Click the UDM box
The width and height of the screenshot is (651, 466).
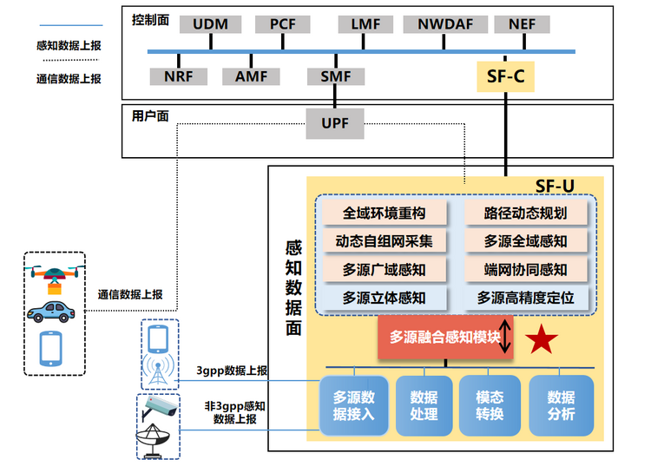[211, 24]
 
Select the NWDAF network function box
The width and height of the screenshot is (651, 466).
[445, 24]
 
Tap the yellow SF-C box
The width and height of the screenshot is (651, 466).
[505, 76]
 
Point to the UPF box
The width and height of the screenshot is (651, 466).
[335, 123]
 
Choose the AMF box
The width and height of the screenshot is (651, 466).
[251, 76]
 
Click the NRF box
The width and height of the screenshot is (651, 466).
[179, 76]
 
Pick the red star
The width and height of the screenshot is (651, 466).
[542, 339]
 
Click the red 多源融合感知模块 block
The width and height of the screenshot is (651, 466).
[445, 337]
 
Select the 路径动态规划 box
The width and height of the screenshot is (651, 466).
[526, 213]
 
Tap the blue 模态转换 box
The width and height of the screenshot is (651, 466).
[490, 405]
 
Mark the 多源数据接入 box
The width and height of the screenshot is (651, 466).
[354, 405]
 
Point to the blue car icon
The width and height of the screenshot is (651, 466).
[50, 312]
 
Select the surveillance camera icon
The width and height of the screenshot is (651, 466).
[160, 408]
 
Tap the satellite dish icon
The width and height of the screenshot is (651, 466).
[153, 442]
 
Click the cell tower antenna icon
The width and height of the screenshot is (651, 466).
[158, 370]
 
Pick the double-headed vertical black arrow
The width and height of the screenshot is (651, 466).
[505, 337]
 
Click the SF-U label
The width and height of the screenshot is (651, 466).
[555, 186]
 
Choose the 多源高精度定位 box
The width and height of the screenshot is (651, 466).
[526, 298]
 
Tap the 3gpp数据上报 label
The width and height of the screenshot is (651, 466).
[232, 371]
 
